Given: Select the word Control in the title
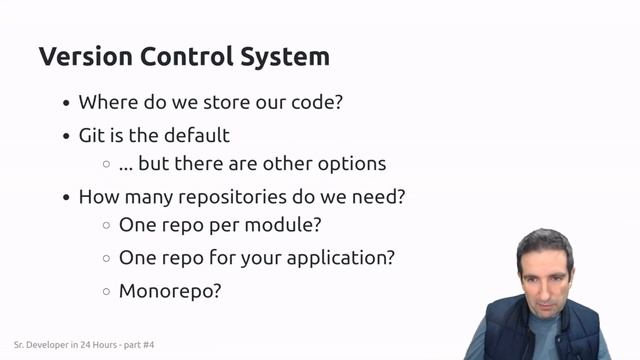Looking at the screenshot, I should pyautogui.click(x=183, y=56).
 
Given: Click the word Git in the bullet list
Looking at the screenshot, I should pyautogui.click(x=92, y=135).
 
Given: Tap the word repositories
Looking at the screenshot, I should pyautogui.click(x=259, y=196).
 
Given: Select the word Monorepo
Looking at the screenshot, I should pyautogui.click(x=169, y=291).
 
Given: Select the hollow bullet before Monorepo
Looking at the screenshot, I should pyautogui.click(x=106, y=292).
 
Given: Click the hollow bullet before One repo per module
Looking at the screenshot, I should pyautogui.click(x=106, y=226).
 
